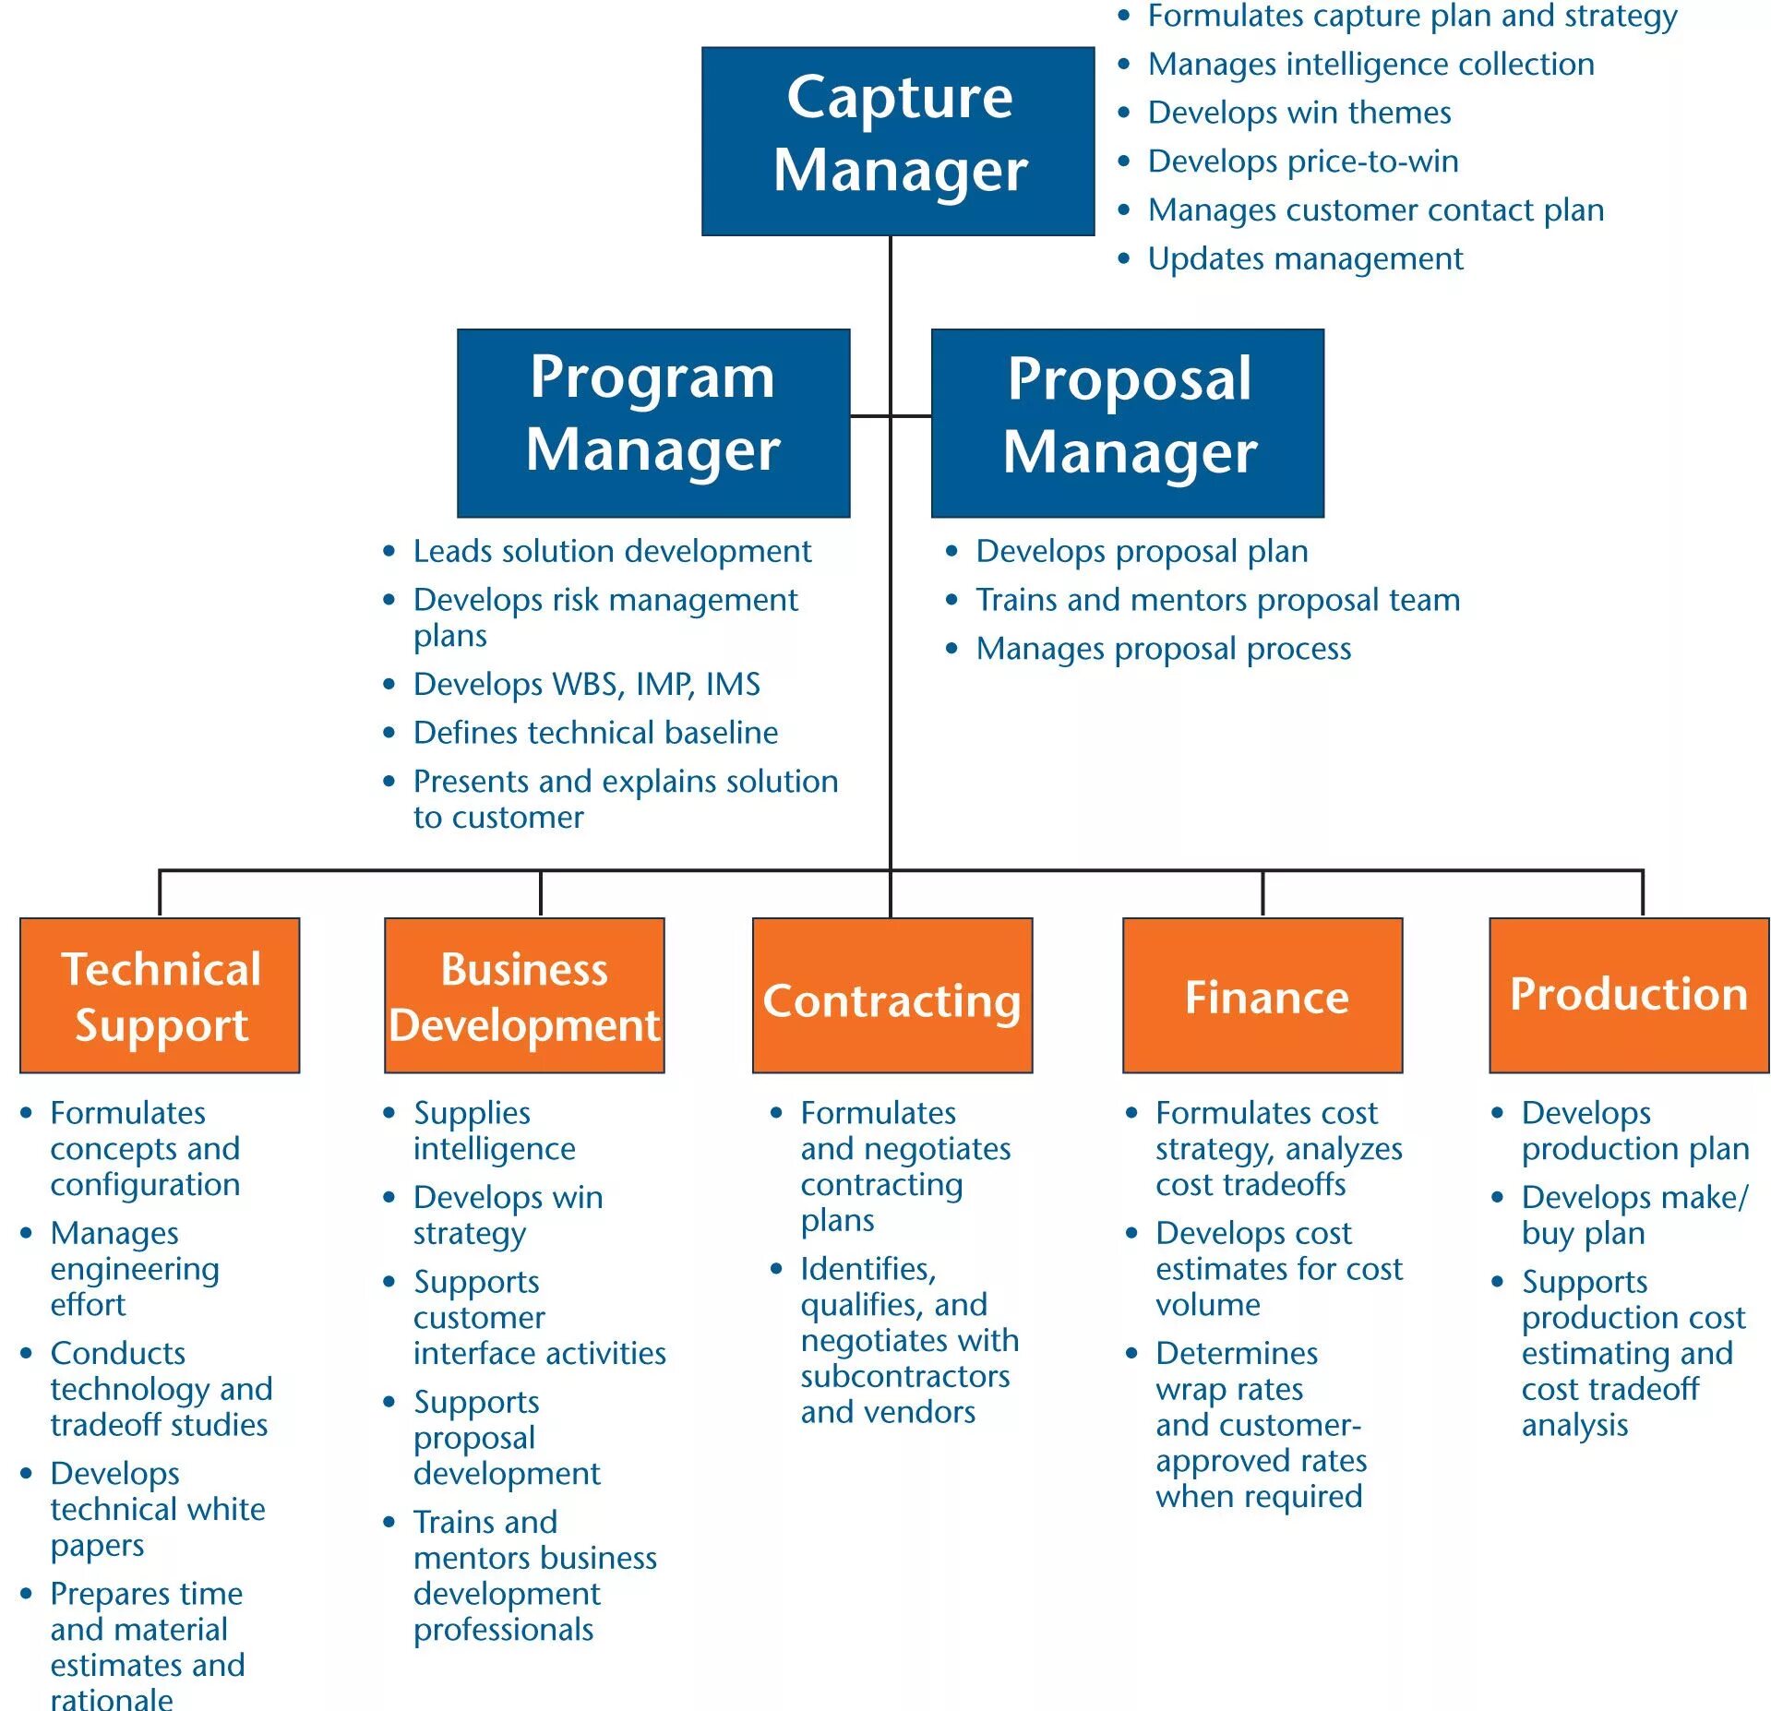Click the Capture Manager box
(x=897, y=141)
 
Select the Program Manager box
(x=652, y=422)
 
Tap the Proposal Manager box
(x=1127, y=422)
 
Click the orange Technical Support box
(x=160, y=994)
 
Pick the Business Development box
(x=523, y=994)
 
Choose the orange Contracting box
(x=891, y=994)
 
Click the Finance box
(x=1262, y=994)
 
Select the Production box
(x=1628, y=994)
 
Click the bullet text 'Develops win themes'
(x=1298, y=113)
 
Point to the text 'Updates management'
(x=1304, y=259)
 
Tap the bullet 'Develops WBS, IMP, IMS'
(x=586, y=684)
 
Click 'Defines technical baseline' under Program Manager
(x=595, y=733)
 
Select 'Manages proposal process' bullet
(x=1163, y=649)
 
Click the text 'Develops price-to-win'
(x=1302, y=162)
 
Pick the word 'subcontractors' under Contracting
(x=904, y=1376)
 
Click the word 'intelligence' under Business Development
(x=494, y=1149)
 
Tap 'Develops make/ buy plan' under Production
(x=1633, y=1214)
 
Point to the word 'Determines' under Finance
(x=1236, y=1353)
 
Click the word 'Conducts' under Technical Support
(x=118, y=1353)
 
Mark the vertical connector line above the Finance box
(x=1262, y=892)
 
